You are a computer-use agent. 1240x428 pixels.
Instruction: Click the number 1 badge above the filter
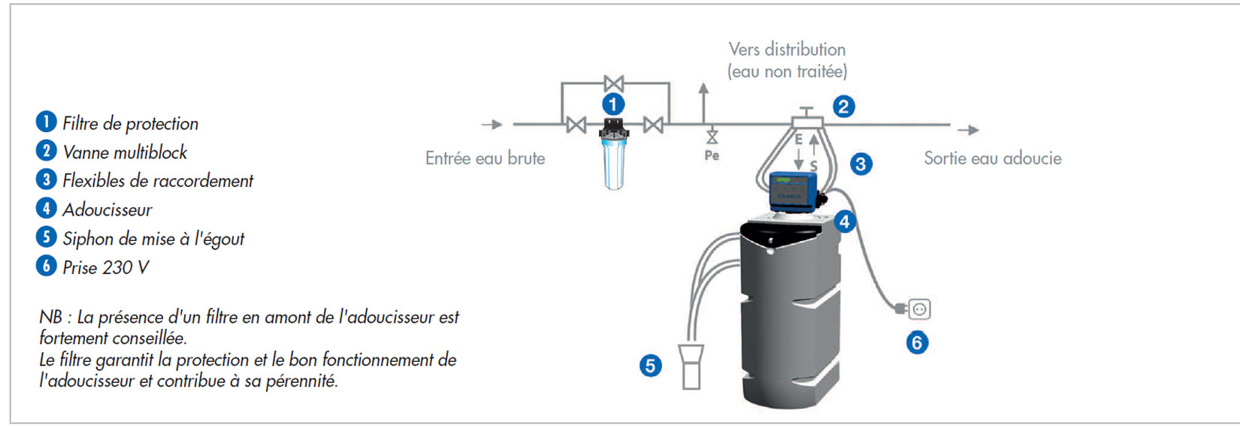613,104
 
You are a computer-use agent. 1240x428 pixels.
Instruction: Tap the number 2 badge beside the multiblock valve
843,107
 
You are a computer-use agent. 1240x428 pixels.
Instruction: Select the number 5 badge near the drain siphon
650,366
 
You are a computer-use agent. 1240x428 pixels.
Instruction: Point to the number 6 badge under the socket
916,343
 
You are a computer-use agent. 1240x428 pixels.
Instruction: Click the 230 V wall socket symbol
919,309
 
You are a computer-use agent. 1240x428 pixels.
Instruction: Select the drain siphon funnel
691,366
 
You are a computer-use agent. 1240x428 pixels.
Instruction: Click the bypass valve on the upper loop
614,83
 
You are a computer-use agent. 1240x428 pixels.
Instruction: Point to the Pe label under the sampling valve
712,155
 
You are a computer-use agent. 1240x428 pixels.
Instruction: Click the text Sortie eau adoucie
992,158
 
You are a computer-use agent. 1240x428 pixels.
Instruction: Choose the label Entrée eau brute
485,158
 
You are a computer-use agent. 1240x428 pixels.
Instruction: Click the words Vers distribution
787,50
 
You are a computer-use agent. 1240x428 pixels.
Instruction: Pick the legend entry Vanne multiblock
125,152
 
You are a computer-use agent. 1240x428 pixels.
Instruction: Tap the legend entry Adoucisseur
107,209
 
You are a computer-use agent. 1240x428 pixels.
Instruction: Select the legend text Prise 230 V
105,267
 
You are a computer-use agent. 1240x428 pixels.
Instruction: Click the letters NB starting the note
51,317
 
